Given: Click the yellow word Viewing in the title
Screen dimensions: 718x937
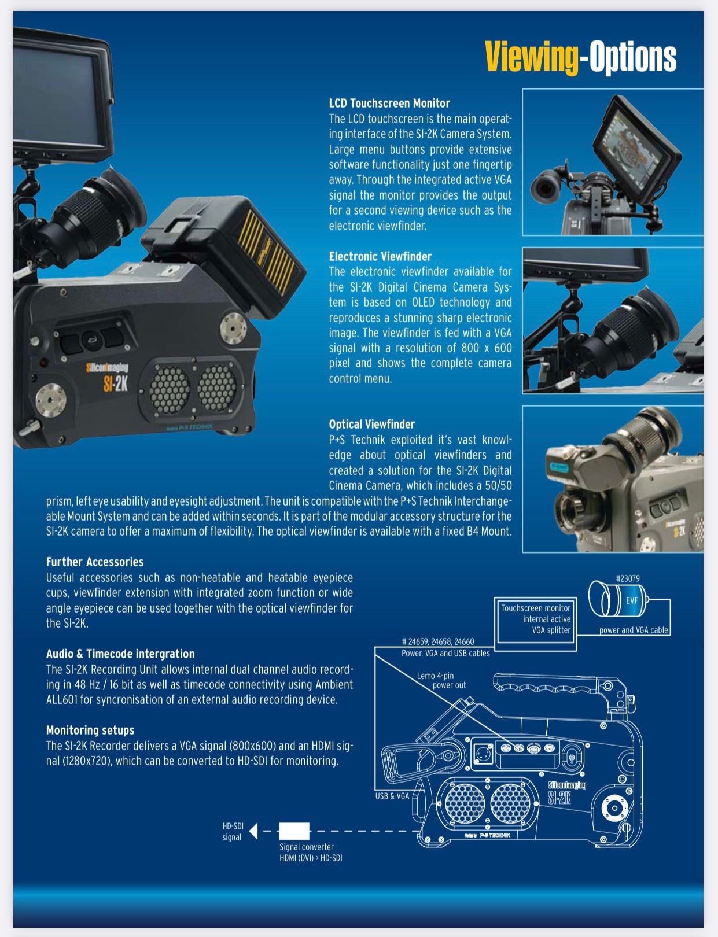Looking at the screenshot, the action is click(x=531, y=58).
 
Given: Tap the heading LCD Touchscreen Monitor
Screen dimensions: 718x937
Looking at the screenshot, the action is click(x=389, y=103).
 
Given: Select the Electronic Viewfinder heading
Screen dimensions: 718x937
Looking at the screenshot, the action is click(x=380, y=257).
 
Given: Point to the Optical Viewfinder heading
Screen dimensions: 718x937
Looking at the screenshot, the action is click(x=371, y=425).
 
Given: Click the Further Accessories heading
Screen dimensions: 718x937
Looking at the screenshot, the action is click(x=95, y=562).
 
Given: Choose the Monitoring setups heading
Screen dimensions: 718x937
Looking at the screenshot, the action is click(x=90, y=730).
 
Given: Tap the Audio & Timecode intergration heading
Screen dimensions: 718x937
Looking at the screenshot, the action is click(x=120, y=654).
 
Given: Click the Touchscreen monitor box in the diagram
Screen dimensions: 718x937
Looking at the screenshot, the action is click(x=535, y=624).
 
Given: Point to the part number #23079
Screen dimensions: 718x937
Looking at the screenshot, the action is click(x=628, y=578).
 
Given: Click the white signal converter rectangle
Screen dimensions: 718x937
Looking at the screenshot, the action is click(x=294, y=831).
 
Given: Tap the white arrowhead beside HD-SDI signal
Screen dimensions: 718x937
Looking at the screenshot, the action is click(x=253, y=831).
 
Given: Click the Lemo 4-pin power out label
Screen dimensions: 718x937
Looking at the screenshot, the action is click(x=441, y=680).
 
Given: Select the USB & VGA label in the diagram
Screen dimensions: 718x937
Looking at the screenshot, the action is click(x=392, y=796).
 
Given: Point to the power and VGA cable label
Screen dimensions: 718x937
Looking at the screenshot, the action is click(x=634, y=630).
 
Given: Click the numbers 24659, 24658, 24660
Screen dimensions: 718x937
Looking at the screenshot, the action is click(x=438, y=641).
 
